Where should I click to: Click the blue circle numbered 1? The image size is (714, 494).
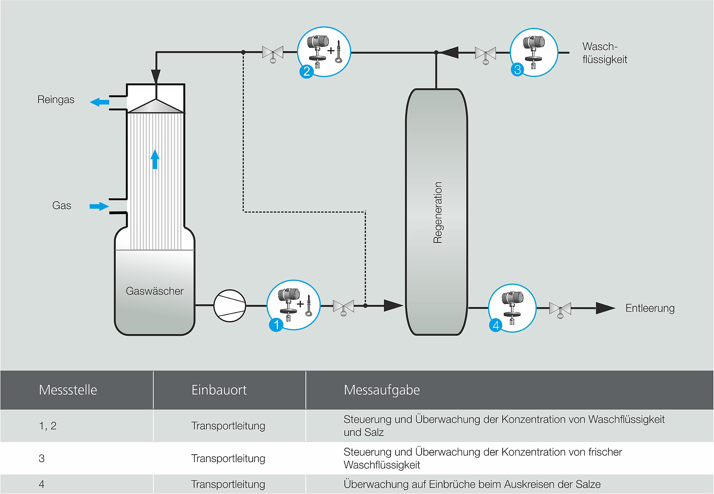tap(276, 325)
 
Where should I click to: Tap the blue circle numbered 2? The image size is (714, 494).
tap(307, 71)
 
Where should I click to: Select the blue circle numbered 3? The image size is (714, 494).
tap(518, 70)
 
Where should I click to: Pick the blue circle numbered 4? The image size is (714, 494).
tap(496, 325)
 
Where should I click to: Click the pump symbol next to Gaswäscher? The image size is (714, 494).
tap(229, 305)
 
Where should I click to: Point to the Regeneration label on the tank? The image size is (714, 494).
tap(438, 213)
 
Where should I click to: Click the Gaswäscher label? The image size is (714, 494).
tap(154, 291)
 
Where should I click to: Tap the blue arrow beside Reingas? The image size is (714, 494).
tap(99, 102)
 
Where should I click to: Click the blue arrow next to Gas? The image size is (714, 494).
tap(99, 206)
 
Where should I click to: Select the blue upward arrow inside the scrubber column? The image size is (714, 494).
tap(155, 159)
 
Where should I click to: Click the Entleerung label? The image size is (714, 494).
tap(649, 308)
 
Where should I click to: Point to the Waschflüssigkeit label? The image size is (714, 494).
tap(604, 53)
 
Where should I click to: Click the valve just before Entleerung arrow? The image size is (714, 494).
tap(560, 309)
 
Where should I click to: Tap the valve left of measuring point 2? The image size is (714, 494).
tap(273, 53)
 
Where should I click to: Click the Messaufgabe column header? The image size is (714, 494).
tap(381, 390)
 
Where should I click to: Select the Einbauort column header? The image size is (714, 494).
tap(219, 390)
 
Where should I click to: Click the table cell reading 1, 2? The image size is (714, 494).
tap(48, 426)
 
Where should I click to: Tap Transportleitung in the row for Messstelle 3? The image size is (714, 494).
tap(228, 458)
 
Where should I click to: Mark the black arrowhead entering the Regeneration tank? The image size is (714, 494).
tap(393, 305)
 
